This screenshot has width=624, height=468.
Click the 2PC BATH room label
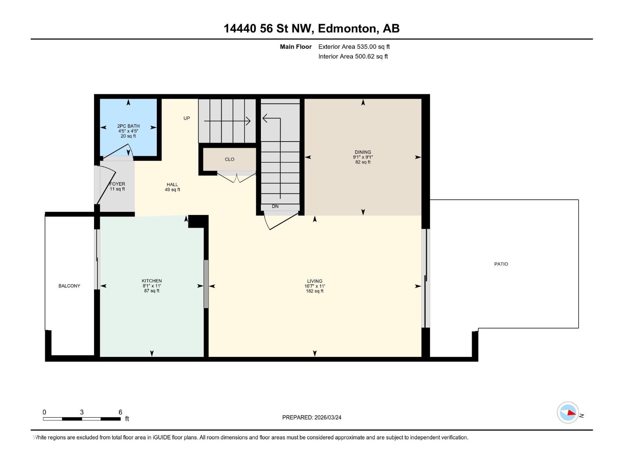pos(128,126)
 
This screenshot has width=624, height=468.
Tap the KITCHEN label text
pos(152,281)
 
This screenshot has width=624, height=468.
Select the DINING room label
pos(363,152)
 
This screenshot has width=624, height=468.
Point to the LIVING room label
pos(314,281)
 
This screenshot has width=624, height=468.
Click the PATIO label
pos(501,264)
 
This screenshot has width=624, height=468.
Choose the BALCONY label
pos(69,286)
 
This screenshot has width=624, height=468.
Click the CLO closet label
pos(229,159)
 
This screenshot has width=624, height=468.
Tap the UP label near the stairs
pos(187,118)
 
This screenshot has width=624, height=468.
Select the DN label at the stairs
pos(275,206)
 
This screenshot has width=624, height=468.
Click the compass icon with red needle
pos(568,413)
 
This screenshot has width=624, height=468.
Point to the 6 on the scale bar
pos(120,412)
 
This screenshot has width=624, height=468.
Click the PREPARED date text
pos(312,417)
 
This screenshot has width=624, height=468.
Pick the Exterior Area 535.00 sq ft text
pos(354,47)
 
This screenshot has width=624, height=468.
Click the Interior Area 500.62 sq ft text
pos(353,57)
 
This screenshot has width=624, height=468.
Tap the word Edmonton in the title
pos(347,28)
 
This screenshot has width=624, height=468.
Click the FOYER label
pos(117,184)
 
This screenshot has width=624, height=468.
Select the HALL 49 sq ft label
pos(172,187)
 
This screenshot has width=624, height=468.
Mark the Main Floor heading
pos(296,47)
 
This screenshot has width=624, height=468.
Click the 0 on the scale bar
pos(44,412)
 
